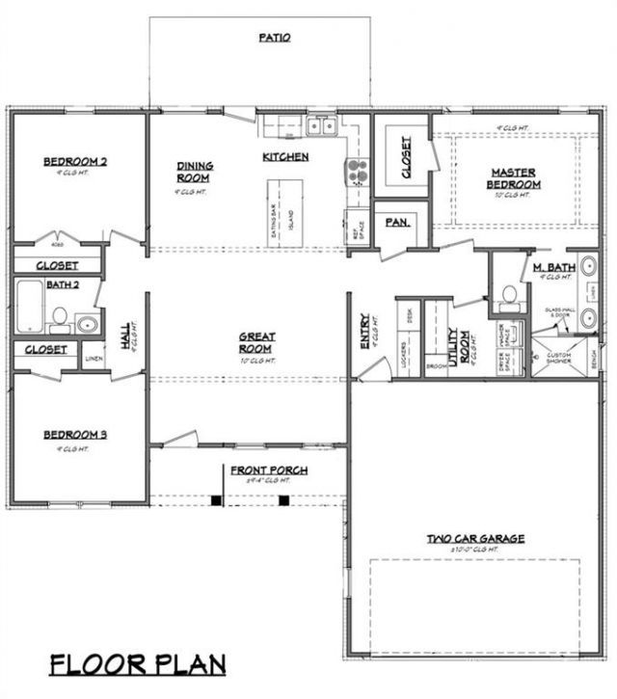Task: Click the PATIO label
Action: [274, 38]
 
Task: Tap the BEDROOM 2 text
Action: [75, 161]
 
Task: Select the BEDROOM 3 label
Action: [75, 435]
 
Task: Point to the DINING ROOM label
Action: [195, 172]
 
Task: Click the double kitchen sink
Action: [321, 125]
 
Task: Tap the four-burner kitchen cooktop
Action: [356, 172]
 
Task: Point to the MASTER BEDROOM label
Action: [514, 178]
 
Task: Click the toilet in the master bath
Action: [508, 296]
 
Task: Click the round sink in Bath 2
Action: [88, 323]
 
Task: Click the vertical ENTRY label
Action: [364, 331]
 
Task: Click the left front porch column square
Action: [217, 500]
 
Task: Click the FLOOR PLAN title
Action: [139, 664]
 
